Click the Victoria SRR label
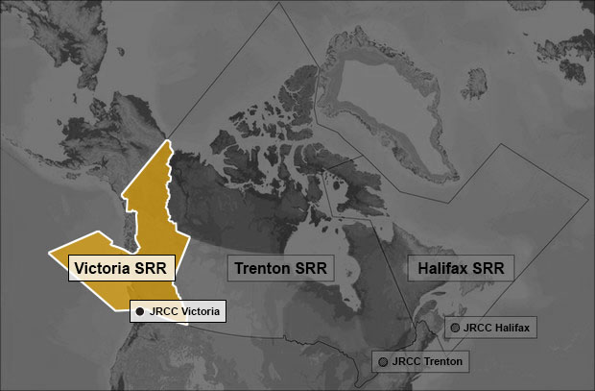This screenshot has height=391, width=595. point(121,266)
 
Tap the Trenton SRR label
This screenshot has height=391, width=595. point(280,267)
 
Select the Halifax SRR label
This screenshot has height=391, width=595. point(461,267)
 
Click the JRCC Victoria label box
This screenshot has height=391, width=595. point(178,311)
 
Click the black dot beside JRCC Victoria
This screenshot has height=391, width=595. point(140,311)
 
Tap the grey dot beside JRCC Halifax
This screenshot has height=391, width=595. point(453,328)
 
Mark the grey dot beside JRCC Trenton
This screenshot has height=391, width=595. point(383,361)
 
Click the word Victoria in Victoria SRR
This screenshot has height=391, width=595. point(103,266)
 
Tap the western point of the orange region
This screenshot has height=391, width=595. point(51,254)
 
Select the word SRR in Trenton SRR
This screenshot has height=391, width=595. point(313,267)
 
